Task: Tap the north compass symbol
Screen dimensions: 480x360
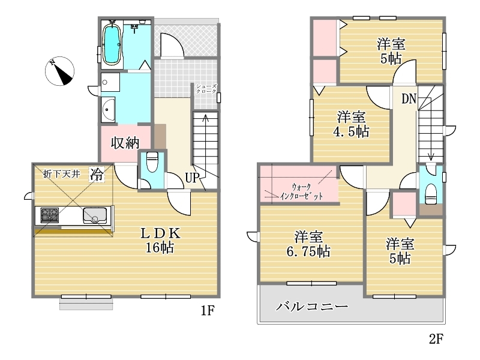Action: coord(59,71)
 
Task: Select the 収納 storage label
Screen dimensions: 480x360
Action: coord(125,143)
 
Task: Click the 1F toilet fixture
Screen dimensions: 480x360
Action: coord(152,161)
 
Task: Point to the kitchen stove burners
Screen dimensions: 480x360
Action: coord(50,215)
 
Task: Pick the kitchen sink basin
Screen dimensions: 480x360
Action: coord(95,215)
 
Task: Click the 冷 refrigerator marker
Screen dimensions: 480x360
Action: coord(97,175)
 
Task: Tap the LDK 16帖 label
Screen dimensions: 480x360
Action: coord(160,240)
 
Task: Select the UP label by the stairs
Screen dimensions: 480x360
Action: coord(192,178)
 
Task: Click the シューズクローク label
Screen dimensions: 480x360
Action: coord(206,89)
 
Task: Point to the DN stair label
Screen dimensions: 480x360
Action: coord(409,98)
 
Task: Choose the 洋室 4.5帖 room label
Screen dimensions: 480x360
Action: coord(351,124)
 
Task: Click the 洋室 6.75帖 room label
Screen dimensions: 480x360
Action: coord(308,244)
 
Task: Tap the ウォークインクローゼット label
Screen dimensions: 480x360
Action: coord(301,191)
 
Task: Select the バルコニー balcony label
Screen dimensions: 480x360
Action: coord(312,306)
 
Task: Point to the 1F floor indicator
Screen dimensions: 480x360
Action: coord(207,311)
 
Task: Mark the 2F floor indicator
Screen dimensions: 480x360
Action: coord(436,339)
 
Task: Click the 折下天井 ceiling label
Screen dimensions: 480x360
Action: coord(62,174)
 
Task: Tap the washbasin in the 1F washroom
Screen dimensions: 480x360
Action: coord(108,110)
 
